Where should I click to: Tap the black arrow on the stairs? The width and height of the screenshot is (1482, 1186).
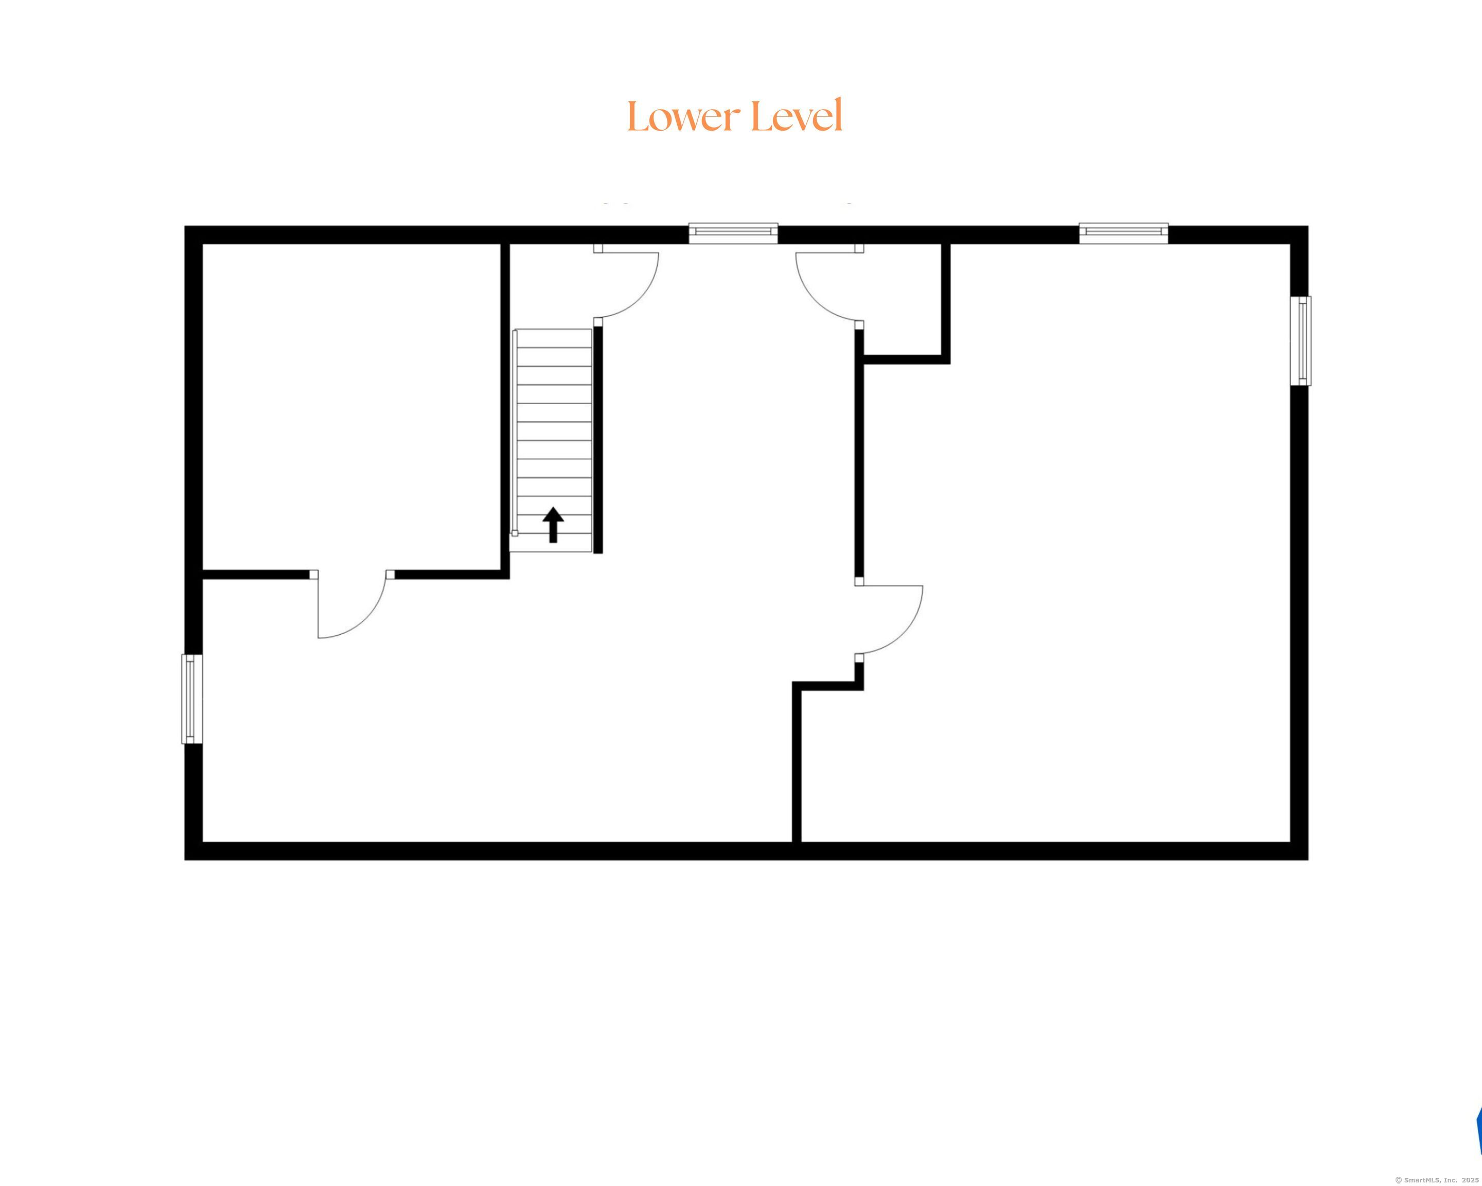(553, 525)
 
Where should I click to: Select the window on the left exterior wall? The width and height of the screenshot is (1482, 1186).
(192, 699)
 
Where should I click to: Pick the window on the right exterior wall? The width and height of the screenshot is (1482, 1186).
(1300, 340)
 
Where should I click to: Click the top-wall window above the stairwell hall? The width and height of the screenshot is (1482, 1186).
(733, 233)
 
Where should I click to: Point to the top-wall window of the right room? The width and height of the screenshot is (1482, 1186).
(1123, 233)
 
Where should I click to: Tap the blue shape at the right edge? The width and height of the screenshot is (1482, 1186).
(1478, 1130)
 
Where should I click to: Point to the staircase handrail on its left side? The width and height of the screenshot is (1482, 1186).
(514, 432)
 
